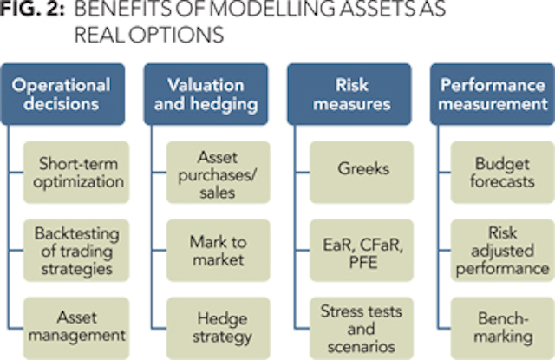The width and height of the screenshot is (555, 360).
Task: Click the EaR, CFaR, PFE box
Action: [x=362, y=248]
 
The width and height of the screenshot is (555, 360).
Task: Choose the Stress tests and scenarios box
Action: [x=362, y=323]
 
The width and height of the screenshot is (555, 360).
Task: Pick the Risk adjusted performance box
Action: [x=502, y=248]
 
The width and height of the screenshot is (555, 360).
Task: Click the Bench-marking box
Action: [x=502, y=323]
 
